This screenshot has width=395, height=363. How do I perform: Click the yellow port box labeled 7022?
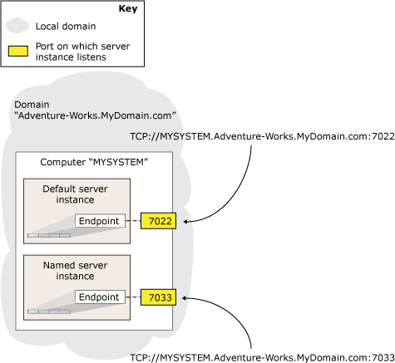coord(157,221)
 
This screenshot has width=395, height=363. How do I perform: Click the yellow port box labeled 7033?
coord(157,297)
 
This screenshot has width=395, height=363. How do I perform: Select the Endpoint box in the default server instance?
coord(100,221)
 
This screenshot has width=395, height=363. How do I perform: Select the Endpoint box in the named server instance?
coord(100,297)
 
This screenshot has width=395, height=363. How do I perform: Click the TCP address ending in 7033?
coord(264,356)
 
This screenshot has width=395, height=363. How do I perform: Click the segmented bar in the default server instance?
coord(49,236)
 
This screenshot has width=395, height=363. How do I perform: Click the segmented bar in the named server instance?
coord(49,311)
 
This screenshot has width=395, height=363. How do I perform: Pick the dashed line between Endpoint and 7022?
coord(133,221)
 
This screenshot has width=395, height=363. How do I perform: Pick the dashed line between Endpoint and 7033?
coord(133,297)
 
